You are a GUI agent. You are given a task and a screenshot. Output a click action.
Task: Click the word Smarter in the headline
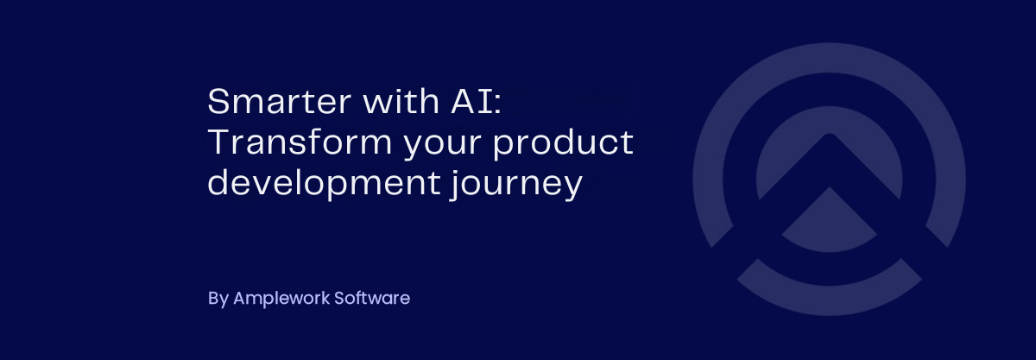click(x=280, y=101)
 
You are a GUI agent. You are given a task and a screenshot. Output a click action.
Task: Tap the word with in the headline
click(x=401, y=100)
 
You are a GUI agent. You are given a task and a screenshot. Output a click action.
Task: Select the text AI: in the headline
click(x=477, y=101)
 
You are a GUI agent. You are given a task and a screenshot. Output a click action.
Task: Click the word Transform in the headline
click(x=300, y=142)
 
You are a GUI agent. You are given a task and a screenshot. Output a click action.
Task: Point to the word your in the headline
click(x=443, y=145)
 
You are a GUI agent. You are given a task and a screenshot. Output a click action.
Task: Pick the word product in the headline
click(x=563, y=143)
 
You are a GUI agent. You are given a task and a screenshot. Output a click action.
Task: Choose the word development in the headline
click(x=324, y=184)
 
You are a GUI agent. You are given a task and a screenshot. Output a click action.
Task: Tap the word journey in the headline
click(x=515, y=185)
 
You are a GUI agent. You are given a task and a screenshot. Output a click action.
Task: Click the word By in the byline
click(x=218, y=299)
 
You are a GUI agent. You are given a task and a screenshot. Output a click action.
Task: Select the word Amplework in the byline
click(x=281, y=299)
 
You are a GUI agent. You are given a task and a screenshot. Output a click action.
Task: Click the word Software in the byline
click(x=372, y=298)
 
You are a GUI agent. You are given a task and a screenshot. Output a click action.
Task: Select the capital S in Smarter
click(x=218, y=101)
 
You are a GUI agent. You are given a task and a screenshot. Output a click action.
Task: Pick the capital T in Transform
click(x=219, y=142)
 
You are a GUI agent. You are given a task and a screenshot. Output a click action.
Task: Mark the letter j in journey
click(x=456, y=185)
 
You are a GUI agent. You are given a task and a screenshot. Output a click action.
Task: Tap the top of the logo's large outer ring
click(x=830, y=58)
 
